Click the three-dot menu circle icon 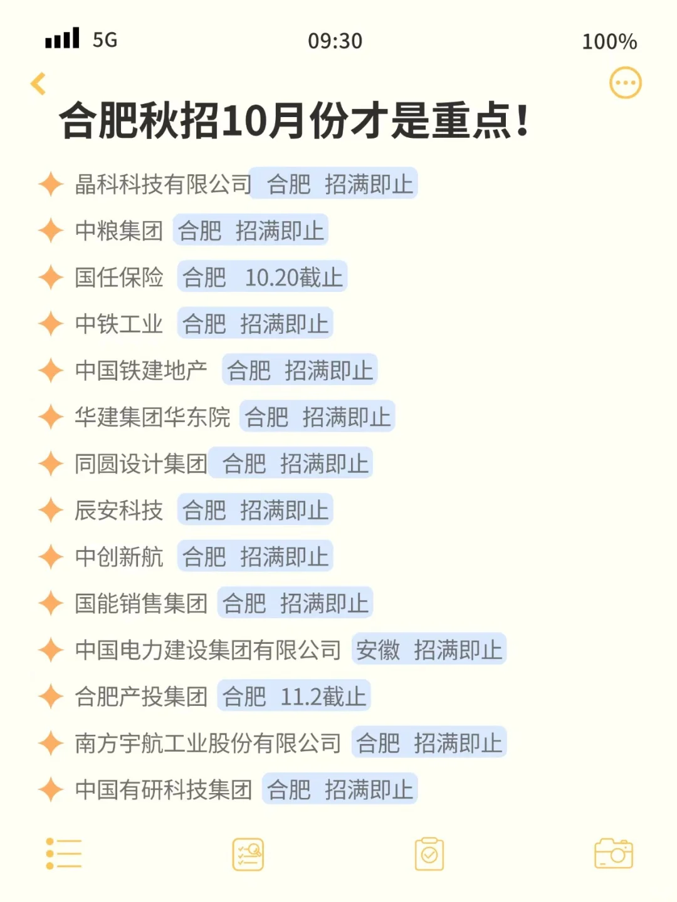625,83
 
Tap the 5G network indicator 105,40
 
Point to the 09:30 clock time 335,41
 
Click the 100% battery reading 609,42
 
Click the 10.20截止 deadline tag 293,277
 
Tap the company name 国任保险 119,277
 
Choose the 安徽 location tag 378,650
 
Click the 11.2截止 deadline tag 323,697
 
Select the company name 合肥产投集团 141,697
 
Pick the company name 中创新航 119,557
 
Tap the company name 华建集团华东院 152,417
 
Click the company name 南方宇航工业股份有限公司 207,743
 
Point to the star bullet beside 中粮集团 51,231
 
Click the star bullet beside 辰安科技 51,511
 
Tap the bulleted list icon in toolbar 64,854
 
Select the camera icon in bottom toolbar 613,854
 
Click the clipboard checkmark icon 429,854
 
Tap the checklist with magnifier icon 248,854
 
